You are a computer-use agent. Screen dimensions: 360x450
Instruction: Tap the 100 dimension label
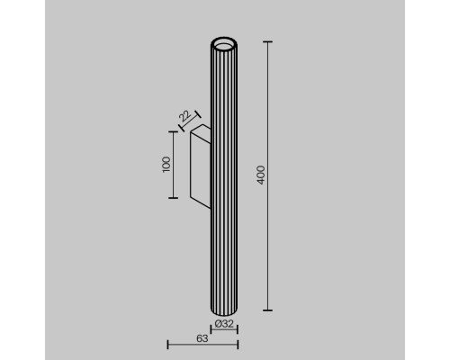click(x=166, y=164)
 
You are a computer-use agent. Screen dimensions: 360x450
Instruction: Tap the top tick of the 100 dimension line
click(x=173, y=130)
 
